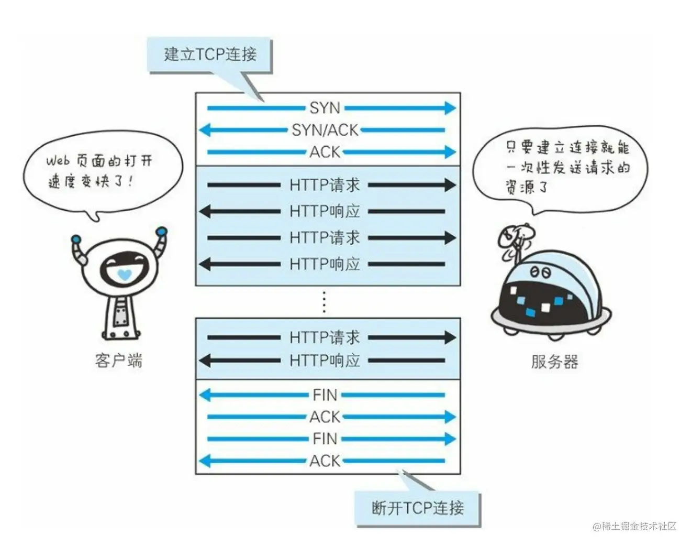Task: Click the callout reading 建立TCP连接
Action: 210,54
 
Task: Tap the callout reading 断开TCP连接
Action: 417,508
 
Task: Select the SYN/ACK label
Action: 325,130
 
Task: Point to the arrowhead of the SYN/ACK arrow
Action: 205,130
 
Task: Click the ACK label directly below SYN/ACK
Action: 325,152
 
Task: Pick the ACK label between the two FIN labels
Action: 325,417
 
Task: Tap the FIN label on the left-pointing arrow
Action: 325,395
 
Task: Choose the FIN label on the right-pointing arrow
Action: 325,439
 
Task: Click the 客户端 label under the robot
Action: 119,361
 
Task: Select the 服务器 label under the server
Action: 554,362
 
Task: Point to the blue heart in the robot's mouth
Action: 124,274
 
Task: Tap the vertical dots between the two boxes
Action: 325,302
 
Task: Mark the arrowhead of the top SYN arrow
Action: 450,108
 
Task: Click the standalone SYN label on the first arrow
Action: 325,108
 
